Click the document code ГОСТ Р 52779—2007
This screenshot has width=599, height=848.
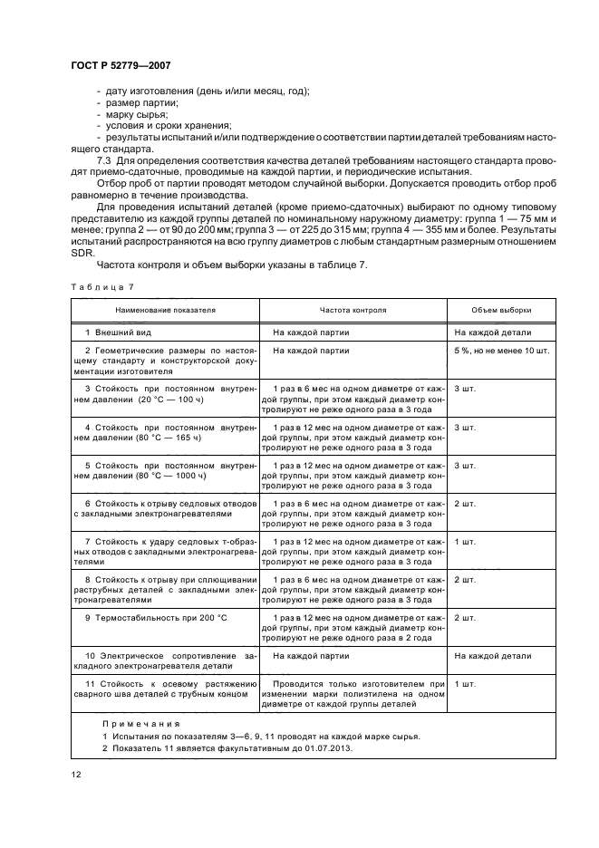[x=120, y=66]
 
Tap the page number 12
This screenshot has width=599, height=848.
[x=76, y=774]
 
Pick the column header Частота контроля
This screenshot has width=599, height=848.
[x=353, y=310]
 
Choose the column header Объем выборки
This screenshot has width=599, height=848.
[x=500, y=310]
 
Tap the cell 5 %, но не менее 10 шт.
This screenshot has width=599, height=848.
[x=502, y=350]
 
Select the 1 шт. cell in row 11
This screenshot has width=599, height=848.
[x=465, y=681]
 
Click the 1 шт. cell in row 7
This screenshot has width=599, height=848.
[x=465, y=541]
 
